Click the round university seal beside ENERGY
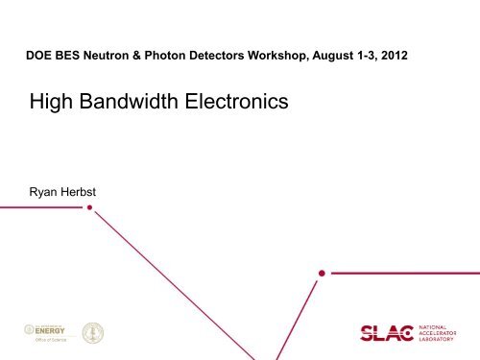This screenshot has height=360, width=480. tap(92, 331)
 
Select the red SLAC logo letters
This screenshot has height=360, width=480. tap(383, 333)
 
